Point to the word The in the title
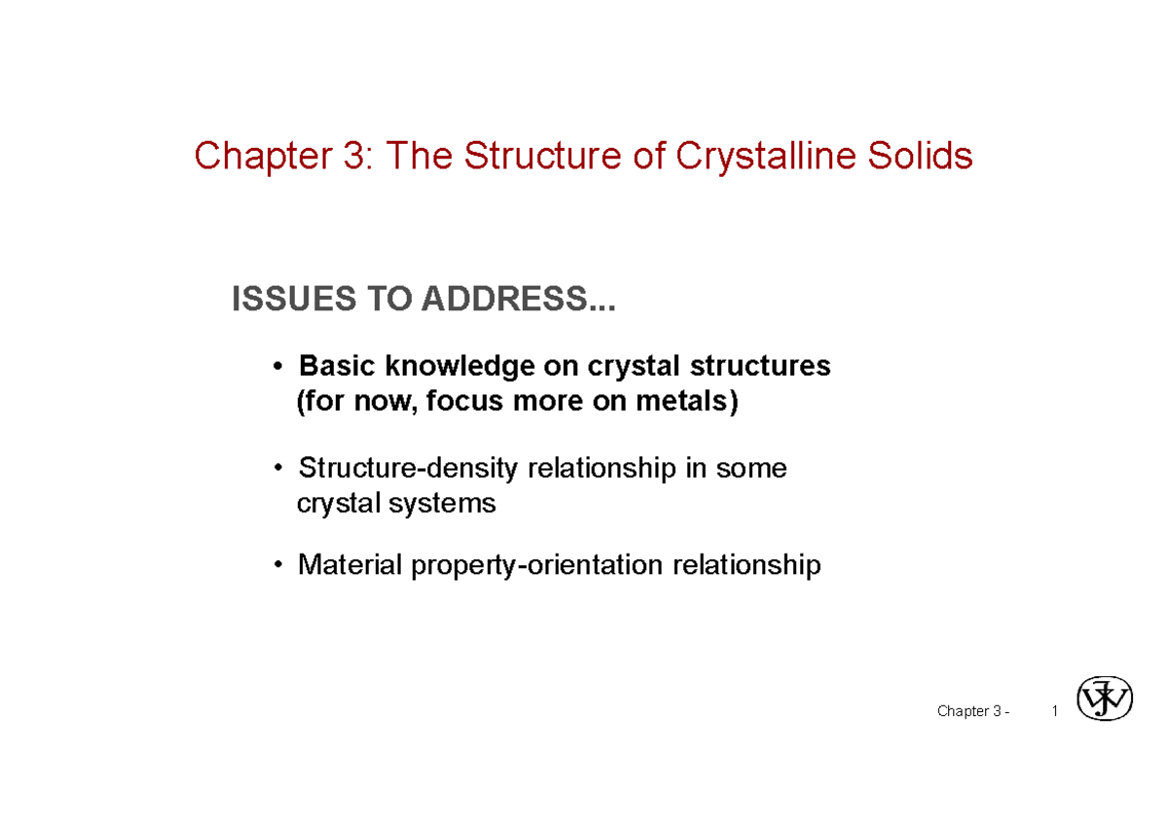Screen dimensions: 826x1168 (x=420, y=157)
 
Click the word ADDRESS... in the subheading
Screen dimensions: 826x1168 (x=516, y=301)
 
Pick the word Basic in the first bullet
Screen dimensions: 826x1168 (x=339, y=366)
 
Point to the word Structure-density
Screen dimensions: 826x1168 (x=409, y=469)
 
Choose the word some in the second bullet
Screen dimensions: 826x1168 (x=751, y=469)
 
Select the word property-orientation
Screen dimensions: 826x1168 (x=538, y=564)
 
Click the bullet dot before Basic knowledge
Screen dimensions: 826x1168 (x=279, y=367)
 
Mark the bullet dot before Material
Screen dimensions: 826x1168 (x=279, y=565)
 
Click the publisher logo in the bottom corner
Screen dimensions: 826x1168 (x=1106, y=699)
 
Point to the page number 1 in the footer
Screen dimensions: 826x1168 (x=1055, y=711)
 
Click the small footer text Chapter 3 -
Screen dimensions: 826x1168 (x=972, y=711)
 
